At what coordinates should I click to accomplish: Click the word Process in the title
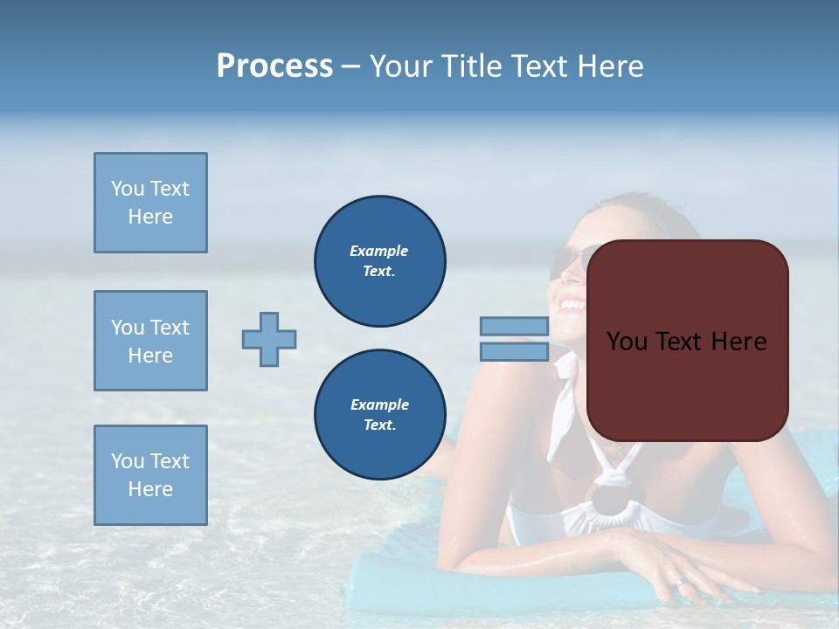point(274,66)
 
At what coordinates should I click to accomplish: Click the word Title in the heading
point(469,66)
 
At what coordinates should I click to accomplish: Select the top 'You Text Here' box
point(150,203)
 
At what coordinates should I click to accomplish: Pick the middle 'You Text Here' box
point(150,341)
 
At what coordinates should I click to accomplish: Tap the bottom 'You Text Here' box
point(150,475)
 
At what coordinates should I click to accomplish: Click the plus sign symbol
point(269,339)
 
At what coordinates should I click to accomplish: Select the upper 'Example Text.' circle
point(379,261)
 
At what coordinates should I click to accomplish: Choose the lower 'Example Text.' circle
point(379,415)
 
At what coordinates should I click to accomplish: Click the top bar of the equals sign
point(514,327)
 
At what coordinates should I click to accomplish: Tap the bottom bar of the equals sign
point(514,352)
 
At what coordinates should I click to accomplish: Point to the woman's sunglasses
point(566,259)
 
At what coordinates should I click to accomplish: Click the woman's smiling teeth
point(572,306)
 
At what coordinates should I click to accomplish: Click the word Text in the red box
point(686,342)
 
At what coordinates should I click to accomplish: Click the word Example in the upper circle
point(379,251)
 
